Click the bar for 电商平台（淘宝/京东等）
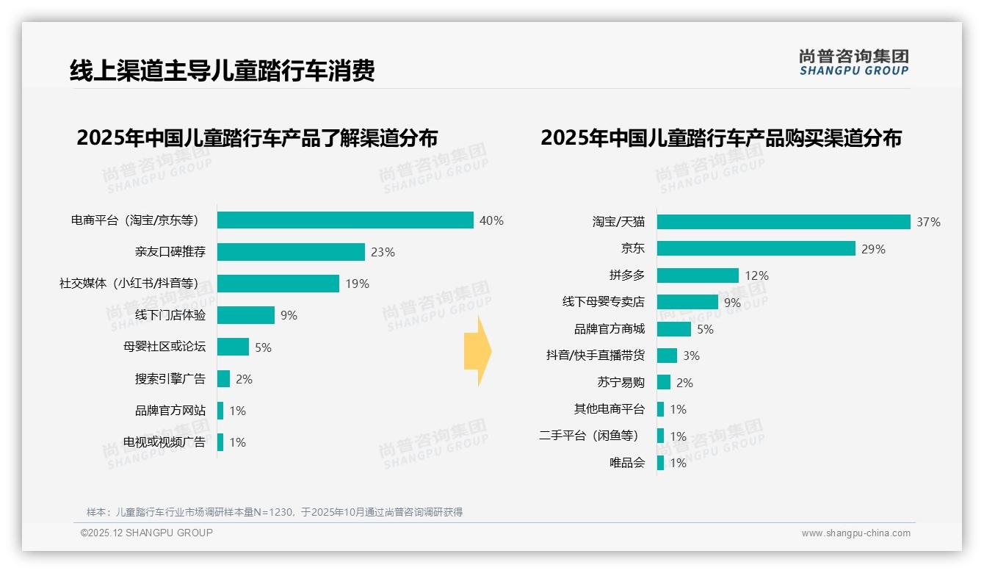[x=345, y=220]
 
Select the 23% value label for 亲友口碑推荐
[x=383, y=252]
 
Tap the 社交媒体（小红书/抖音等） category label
[x=129, y=284]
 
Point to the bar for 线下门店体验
[x=246, y=315]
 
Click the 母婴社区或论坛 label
[x=164, y=347]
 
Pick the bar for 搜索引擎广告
[x=223, y=379]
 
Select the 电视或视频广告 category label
[x=164, y=442]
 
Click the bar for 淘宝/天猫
[x=784, y=222]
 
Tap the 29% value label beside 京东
[x=873, y=249]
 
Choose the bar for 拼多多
[x=698, y=275]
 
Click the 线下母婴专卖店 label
[x=603, y=302]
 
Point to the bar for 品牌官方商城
[x=674, y=329]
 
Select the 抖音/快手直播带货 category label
[x=595, y=356]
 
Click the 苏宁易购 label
[x=621, y=383]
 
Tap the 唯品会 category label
[x=626, y=463]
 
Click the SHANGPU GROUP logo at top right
[x=853, y=62]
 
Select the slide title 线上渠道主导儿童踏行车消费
[x=223, y=71]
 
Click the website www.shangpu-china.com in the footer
[x=855, y=533]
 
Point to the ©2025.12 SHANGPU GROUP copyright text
[x=147, y=533]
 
